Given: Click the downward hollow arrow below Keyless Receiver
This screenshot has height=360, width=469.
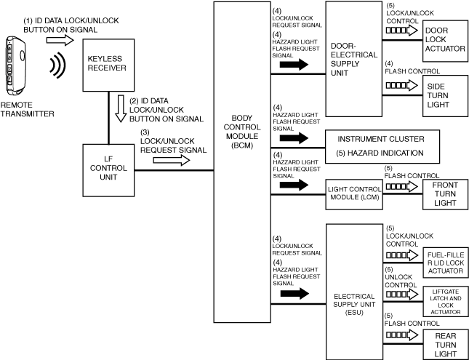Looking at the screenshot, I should [x=121, y=105].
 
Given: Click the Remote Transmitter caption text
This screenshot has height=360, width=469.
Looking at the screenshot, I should [x=28, y=109].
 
